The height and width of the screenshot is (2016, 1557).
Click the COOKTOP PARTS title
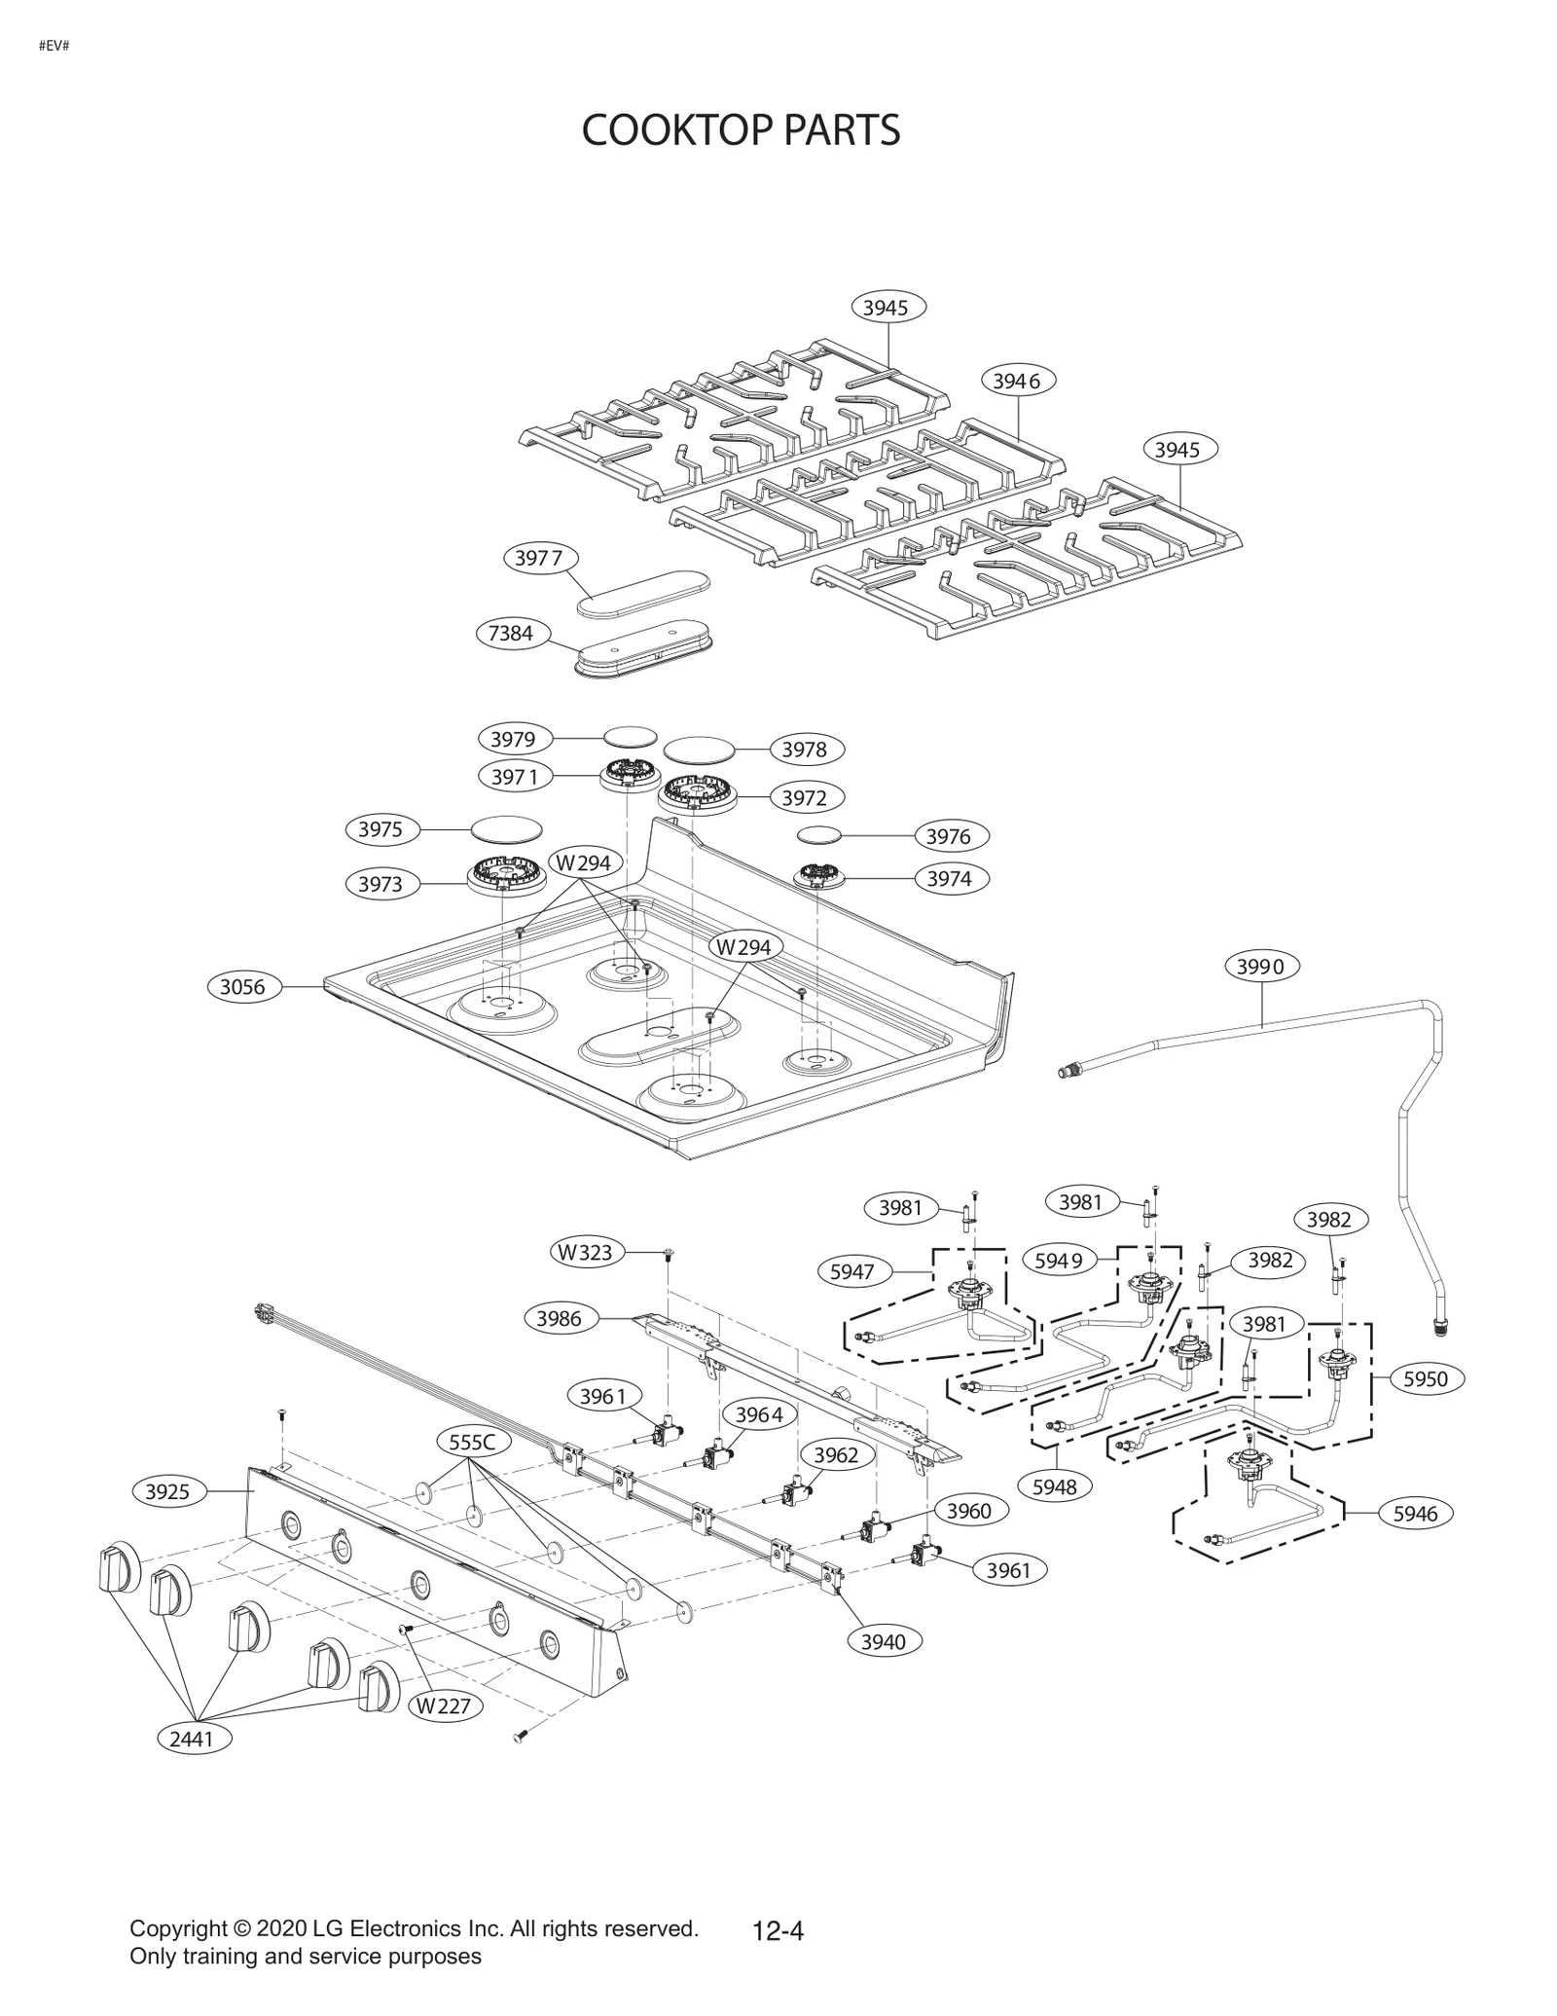(741, 129)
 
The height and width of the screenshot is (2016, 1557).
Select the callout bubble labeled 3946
(1018, 381)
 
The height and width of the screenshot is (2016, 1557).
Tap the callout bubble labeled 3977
(540, 559)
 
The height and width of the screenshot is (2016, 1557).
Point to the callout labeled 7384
(512, 634)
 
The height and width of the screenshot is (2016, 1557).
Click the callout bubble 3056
(242, 987)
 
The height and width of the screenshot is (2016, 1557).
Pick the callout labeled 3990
(1261, 967)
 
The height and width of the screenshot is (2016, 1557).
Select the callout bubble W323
(586, 1252)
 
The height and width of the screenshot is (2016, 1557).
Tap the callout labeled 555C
(473, 1442)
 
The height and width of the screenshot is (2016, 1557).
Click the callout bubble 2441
(193, 1739)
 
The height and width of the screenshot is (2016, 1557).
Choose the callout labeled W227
(444, 1705)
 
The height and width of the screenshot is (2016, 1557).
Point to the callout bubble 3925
(168, 1491)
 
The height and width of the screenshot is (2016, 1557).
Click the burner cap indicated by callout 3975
(506, 829)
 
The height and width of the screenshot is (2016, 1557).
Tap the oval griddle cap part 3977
(644, 593)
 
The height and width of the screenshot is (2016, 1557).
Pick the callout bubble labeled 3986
(560, 1318)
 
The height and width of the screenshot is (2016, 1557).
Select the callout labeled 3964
(759, 1414)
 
